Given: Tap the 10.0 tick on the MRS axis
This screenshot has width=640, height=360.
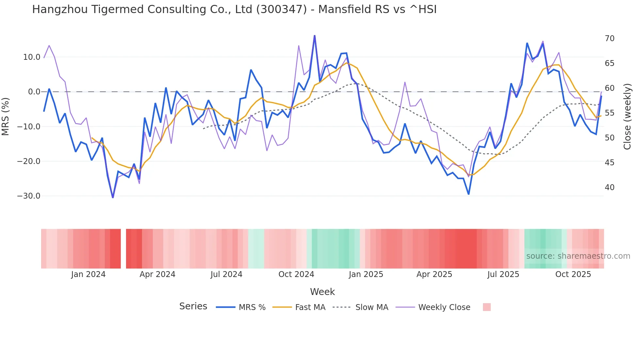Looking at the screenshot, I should tap(32, 57).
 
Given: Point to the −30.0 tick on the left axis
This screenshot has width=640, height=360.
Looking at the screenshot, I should tap(29, 196).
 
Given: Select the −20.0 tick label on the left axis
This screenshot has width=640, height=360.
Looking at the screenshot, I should tap(29, 161).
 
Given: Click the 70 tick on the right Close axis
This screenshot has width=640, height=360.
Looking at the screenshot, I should tap(609, 39).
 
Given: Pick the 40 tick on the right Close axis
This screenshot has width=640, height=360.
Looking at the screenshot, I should tap(609, 188).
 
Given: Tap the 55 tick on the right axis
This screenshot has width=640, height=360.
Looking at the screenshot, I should tap(609, 113).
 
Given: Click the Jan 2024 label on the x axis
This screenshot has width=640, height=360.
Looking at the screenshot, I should tap(88, 274).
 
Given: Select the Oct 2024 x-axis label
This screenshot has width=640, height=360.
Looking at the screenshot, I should tap(296, 274).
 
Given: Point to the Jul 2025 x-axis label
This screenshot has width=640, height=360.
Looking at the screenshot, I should tap(503, 274).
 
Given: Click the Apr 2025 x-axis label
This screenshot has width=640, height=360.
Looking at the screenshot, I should tap(434, 274).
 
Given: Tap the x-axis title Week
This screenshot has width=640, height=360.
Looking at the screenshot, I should tap(322, 292).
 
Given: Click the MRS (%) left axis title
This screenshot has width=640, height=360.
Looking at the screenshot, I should tap(6, 116).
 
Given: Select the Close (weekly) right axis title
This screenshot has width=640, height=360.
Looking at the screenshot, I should tap(627, 117).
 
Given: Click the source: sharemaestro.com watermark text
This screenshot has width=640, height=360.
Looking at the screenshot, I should tap(578, 256).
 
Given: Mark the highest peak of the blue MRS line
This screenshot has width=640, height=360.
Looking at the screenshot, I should tap(314, 36).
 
